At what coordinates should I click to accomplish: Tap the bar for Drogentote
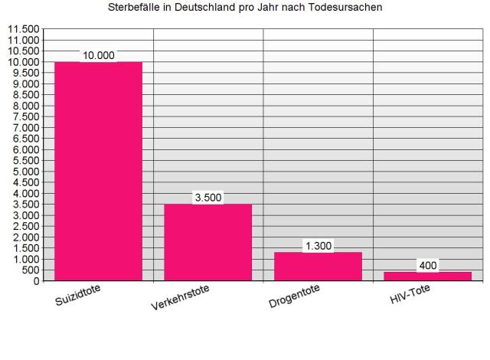pyautogui.click(x=317, y=266)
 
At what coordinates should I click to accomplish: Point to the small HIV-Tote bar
pyautogui.click(x=427, y=276)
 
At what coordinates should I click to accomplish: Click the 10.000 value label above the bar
pyautogui.click(x=98, y=55)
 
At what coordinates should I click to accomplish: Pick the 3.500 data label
pyautogui.click(x=208, y=198)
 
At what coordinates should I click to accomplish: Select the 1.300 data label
pyautogui.click(x=317, y=246)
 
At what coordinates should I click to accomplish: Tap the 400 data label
pyautogui.click(x=427, y=266)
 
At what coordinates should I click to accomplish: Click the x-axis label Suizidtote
pyautogui.click(x=79, y=294)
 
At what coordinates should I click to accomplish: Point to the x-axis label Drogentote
pyautogui.click(x=294, y=296)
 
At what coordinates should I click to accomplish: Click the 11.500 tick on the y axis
pyautogui.click(x=23, y=29)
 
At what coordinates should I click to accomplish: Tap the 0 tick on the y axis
pyautogui.click(x=36, y=281)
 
